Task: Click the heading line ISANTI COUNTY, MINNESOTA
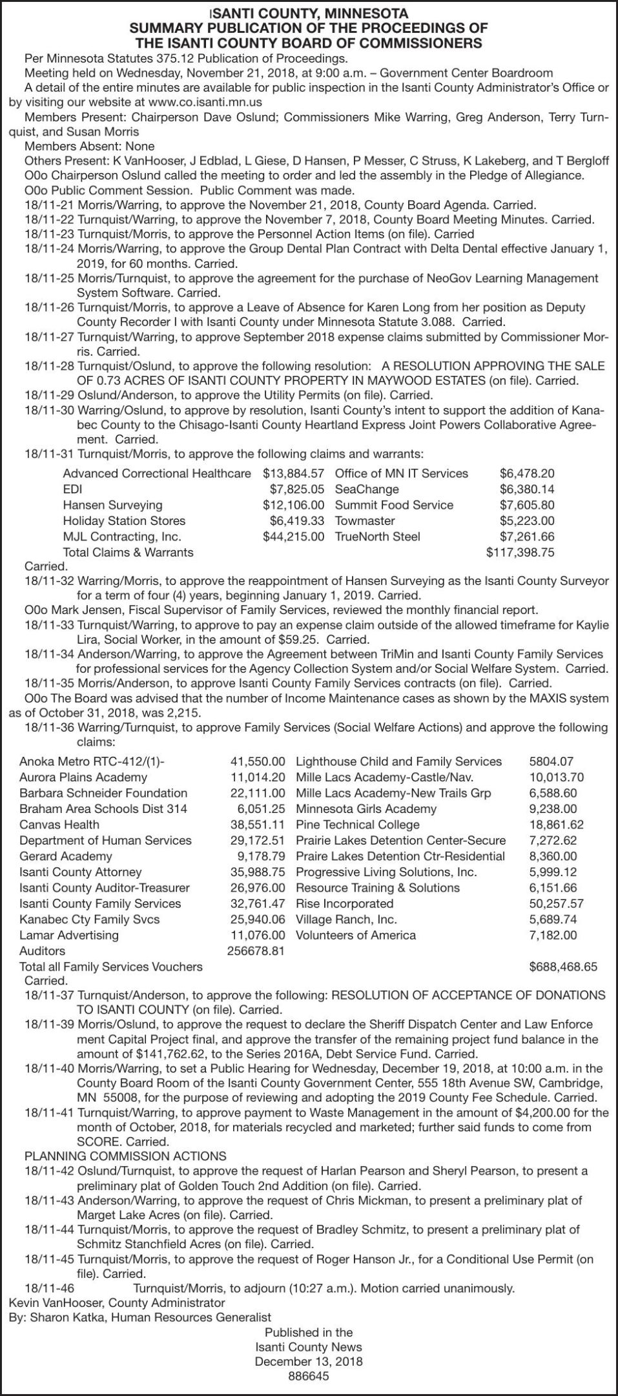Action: pos(309,13)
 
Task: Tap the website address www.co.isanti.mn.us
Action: pos(205,102)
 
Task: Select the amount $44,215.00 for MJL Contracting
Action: pos(293,537)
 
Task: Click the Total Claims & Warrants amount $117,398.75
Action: pos(520,552)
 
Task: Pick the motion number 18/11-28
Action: pos(49,366)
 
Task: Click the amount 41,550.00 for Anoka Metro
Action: pos(258,762)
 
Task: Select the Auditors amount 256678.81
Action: pos(256,951)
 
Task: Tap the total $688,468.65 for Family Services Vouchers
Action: pos(563,967)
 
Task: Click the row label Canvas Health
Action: pos(59,825)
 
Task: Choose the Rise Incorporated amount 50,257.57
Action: pos(556,904)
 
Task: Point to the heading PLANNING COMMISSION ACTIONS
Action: pos(125,1156)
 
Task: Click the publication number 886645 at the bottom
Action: pos(309,1376)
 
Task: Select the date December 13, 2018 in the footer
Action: pos(309,1360)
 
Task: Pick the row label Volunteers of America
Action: pos(355,935)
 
